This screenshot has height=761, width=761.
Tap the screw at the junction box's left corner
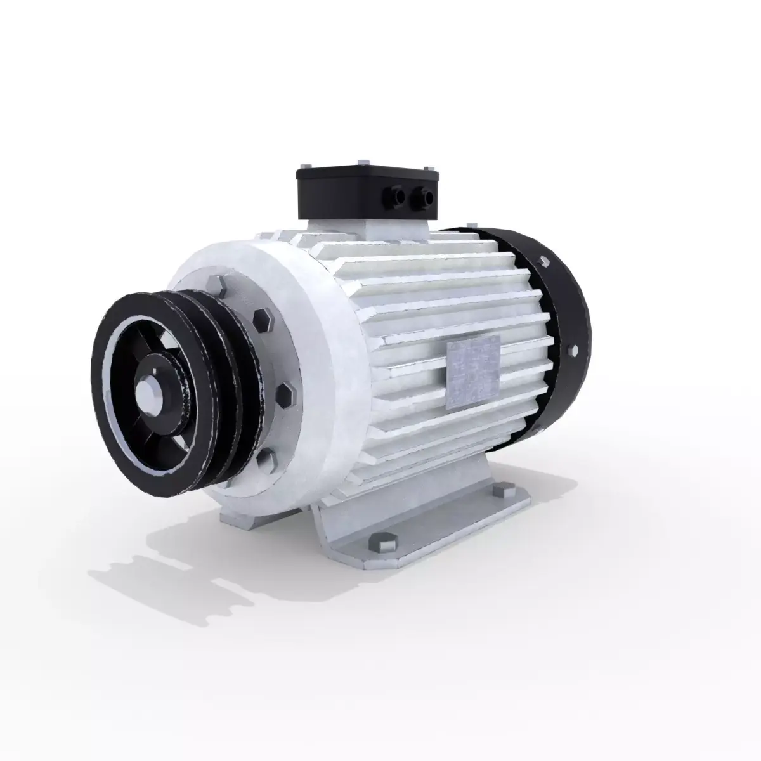click(x=299, y=171)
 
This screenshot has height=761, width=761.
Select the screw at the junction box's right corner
click(x=433, y=167)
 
